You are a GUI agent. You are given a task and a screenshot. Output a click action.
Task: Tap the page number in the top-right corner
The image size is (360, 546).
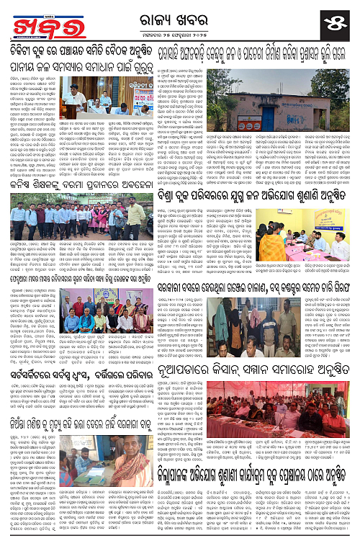pos(339,18)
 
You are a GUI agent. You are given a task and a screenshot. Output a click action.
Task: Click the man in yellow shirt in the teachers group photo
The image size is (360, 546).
pos(135,214)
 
